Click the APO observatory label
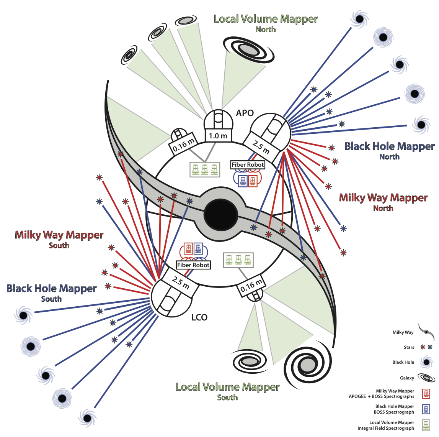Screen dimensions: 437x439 coord(245,113)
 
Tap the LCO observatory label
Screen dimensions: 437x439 coord(199,317)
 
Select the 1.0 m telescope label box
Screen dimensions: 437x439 coord(218,136)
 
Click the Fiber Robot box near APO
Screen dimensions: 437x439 coord(248,165)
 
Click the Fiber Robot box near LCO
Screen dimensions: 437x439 coord(193,265)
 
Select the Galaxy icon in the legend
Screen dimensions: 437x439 coord(426,378)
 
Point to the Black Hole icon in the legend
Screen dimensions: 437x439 coord(426,362)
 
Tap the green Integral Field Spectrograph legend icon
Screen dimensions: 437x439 coord(426,425)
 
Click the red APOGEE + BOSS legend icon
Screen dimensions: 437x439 coord(426,394)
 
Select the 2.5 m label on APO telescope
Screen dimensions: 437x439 coord(261,146)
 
